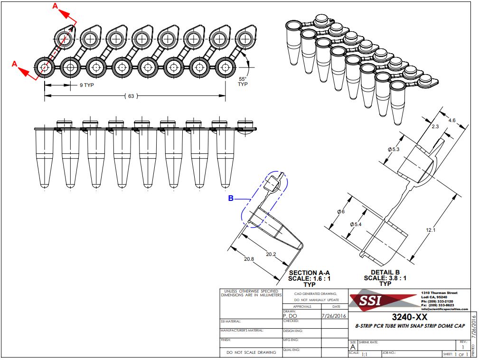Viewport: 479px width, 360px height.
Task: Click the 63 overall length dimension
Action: coord(131,96)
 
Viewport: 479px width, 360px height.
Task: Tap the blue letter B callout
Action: coord(231,199)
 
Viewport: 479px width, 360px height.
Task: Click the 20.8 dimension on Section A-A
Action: coord(249,259)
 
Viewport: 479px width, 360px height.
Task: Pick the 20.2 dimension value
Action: coord(271,255)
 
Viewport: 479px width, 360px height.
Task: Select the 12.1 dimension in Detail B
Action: coord(430,230)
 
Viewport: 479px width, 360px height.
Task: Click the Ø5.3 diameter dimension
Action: coord(394,149)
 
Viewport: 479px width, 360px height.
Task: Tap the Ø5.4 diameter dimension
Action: coord(355,224)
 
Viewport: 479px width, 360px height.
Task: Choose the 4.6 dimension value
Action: coord(451,121)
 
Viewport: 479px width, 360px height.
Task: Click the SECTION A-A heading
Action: coord(309,273)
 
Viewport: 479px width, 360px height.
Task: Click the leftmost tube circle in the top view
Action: coord(45,67)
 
